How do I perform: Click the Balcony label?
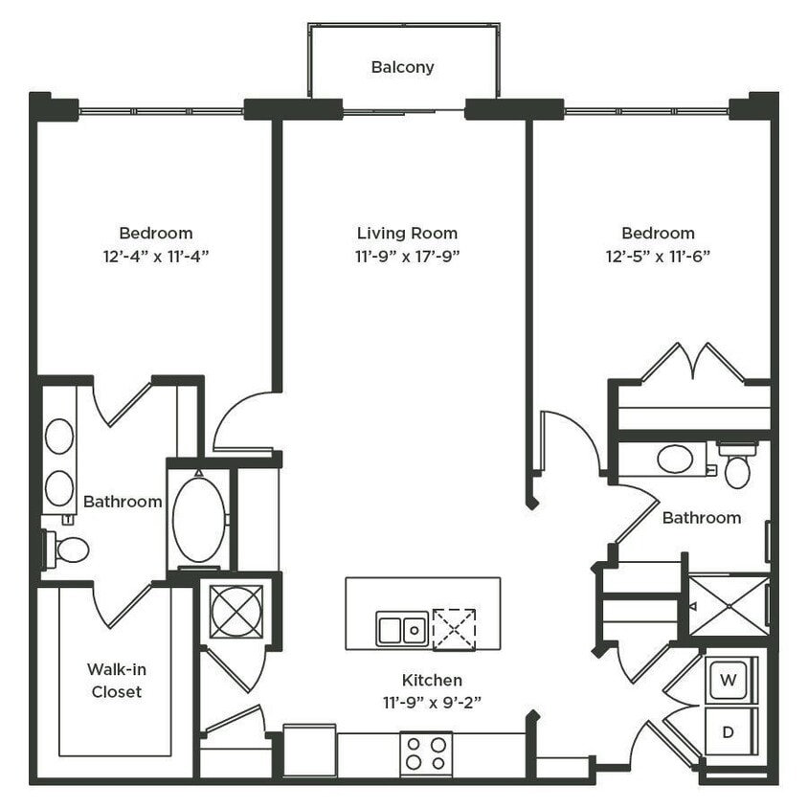pyautogui.click(x=402, y=67)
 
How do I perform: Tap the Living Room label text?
pyautogui.click(x=407, y=233)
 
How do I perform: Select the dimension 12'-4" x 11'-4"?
pyautogui.click(x=156, y=256)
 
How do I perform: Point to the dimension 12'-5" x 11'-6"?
pyautogui.click(x=658, y=256)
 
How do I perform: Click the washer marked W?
pyautogui.click(x=729, y=681)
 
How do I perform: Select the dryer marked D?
pyautogui.click(x=729, y=733)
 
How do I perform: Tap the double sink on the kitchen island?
pyautogui.click(x=402, y=629)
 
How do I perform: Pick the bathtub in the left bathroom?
pyautogui.click(x=199, y=520)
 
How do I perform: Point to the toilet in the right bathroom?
pyautogui.click(x=737, y=468)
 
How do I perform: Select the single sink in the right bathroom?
pyautogui.click(x=676, y=459)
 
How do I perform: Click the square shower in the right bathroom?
pyautogui.click(x=729, y=605)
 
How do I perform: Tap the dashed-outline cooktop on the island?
pyautogui.click(x=453, y=629)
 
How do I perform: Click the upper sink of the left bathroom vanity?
pyautogui.click(x=59, y=437)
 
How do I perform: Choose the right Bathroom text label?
pyautogui.click(x=702, y=518)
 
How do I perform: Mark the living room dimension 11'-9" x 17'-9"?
pyautogui.click(x=407, y=256)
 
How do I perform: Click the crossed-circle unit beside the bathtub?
pyautogui.click(x=236, y=611)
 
